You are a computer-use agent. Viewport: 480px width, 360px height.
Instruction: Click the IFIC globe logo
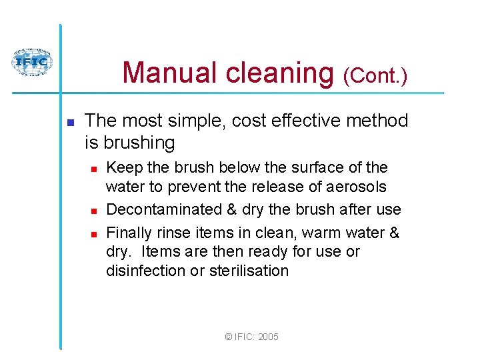point(31,62)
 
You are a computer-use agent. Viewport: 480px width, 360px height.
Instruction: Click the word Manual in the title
point(170,73)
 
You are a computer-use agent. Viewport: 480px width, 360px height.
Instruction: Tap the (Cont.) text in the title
point(375,76)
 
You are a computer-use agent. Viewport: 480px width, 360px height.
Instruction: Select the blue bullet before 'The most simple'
point(69,122)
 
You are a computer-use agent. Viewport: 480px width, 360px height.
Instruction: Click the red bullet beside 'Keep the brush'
point(94,168)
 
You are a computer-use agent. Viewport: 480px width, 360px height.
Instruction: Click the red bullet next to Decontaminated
point(94,211)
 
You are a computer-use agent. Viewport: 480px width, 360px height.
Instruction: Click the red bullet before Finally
point(94,234)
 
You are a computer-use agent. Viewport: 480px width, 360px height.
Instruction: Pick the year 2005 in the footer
point(267,337)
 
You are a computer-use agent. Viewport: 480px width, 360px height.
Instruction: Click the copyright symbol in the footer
point(229,337)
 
